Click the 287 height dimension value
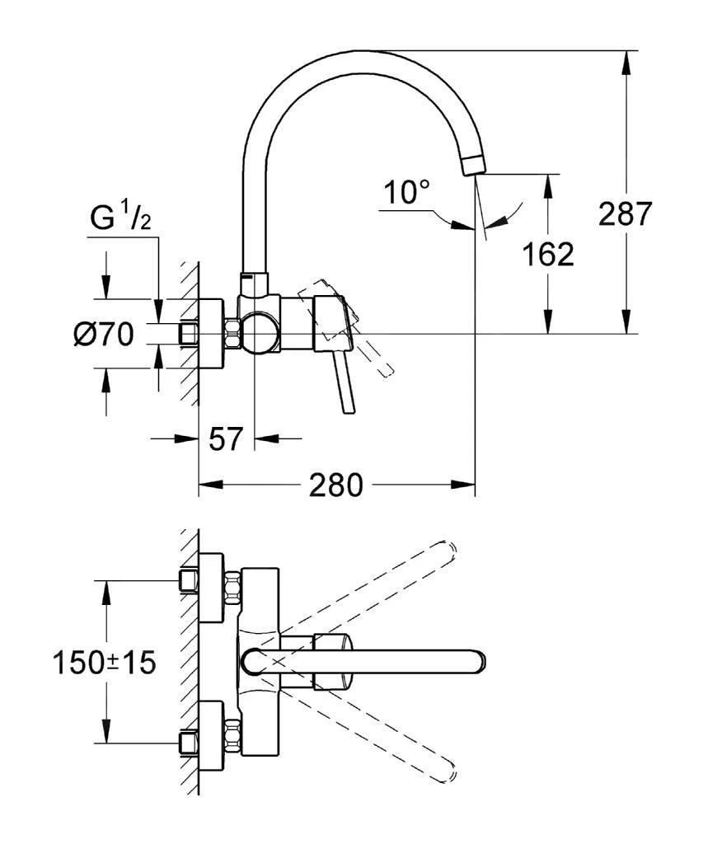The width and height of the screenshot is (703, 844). pos(625,215)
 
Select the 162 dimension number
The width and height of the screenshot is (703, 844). pos(548,254)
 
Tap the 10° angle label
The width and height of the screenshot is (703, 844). pos(407,194)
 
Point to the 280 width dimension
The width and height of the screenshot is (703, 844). pos(335,485)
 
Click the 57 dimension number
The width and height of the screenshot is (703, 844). pos(225,439)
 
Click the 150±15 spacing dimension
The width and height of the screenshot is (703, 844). pos(104,662)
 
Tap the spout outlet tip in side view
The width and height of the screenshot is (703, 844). pos(475,165)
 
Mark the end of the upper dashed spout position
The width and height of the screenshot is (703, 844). pos(449,548)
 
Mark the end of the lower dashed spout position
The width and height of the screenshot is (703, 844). pos(449,776)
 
